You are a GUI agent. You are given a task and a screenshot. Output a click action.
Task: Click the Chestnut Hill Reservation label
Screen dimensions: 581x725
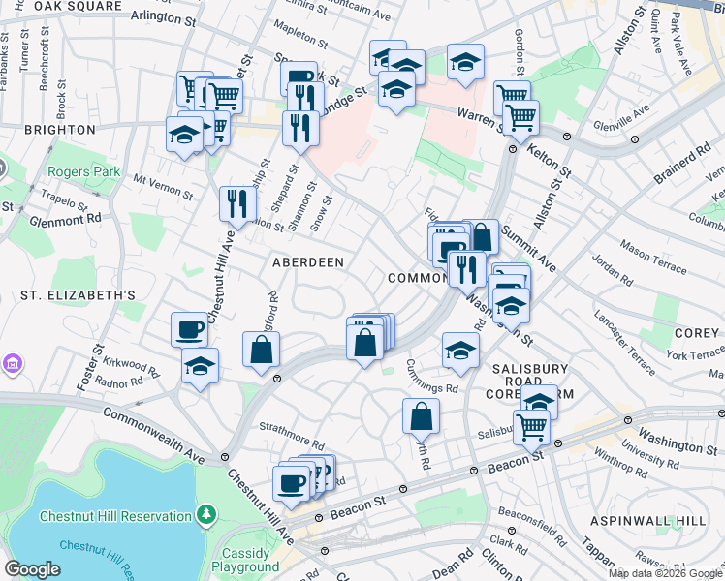(115, 516)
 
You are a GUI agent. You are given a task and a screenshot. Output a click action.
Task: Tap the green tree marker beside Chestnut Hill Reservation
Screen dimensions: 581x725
(205, 514)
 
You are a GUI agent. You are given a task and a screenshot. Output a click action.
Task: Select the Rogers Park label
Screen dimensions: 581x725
(83, 172)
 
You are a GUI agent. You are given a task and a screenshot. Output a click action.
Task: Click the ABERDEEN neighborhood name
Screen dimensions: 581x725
(308, 262)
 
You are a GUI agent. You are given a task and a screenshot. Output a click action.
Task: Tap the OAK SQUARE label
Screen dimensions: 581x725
(78, 7)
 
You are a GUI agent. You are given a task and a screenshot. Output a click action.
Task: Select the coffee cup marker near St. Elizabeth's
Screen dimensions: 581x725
(189, 329)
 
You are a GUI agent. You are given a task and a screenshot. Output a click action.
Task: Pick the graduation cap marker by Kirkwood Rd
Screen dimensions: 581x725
(200, 366)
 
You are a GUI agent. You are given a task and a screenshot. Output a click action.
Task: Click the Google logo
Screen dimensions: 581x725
(33, 568)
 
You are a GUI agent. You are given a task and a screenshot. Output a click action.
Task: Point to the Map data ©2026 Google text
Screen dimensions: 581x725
(665, 573)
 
